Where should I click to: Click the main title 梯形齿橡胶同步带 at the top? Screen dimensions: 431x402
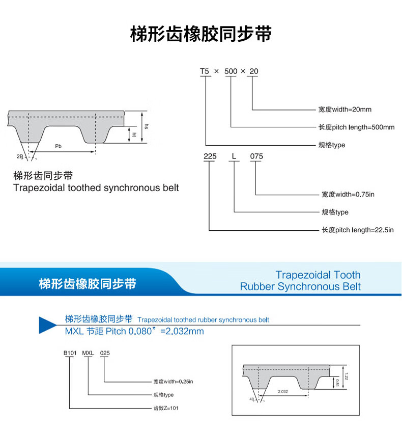[200, 34]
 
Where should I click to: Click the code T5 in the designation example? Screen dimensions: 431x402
[205, 71]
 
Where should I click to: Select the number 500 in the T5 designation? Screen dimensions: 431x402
[231, 71]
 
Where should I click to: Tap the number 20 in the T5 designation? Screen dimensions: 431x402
[253, 71]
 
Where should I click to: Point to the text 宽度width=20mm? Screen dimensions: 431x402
[344, 110]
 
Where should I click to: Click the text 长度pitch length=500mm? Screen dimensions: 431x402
[356, 127]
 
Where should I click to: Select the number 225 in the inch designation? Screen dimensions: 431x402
[210, 156]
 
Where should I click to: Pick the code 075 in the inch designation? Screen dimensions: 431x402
[256, 156]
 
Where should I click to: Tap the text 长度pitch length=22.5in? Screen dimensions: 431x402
[358, 230]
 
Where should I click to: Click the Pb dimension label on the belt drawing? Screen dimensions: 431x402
[59, 146]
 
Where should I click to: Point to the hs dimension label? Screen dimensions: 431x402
[146, 126]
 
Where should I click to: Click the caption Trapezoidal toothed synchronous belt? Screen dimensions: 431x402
[96, 188]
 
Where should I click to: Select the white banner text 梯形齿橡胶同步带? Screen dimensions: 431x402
[88, 284]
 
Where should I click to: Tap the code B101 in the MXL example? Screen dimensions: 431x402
[69, 353]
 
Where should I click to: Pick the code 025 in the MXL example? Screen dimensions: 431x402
[104, 353]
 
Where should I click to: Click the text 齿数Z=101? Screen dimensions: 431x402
[166, 408]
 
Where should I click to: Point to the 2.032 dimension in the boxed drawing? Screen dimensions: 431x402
[283, 391]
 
